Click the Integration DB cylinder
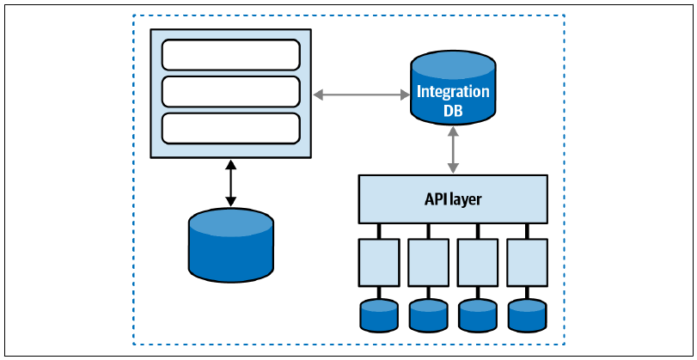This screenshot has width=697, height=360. click(x=453, y=88)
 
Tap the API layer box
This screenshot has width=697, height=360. click(x=453, y=199)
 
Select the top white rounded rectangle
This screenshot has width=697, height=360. click(x=230, y=55)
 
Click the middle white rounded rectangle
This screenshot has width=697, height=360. click(x=230, y=92)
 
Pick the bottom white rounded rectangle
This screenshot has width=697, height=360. click(x=230, y=128)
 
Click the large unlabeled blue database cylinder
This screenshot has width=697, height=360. click(x=230, y=246)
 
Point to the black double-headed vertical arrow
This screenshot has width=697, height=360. click(x=230, y=183)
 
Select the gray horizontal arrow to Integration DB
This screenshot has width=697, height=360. click(x=361, y=95)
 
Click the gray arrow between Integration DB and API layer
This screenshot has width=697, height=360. click(x=453, y=149)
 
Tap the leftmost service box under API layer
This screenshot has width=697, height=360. click(x=379, y=262)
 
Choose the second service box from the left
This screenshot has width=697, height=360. click(x=429, y=262)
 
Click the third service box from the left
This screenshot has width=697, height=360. click(x=478, y=262)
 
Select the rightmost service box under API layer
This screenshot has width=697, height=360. click(x=527, y=262)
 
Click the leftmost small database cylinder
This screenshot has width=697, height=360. click(x=379, y=315)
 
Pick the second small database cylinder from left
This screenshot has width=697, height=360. click(x=429, y=315)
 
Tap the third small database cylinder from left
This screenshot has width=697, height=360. click(x=478, y=315)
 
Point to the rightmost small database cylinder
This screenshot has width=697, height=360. click(x=527, y=315)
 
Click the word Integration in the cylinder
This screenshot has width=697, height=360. click(x=453, y=92)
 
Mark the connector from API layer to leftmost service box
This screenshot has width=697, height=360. click(x=379, y=231)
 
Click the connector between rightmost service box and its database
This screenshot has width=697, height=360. click(x=527, y=293)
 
